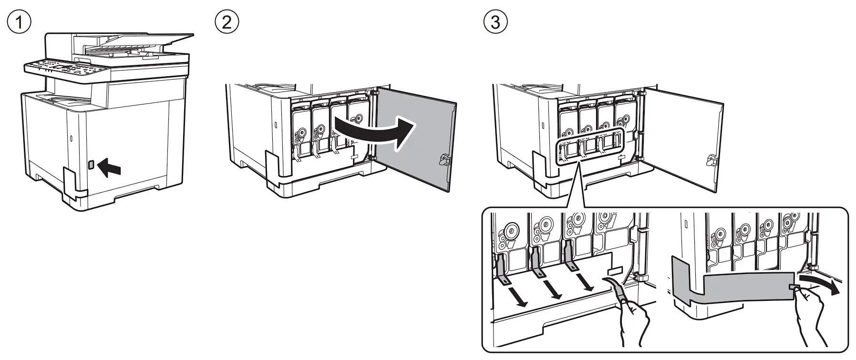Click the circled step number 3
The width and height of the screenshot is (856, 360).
click(495, 22)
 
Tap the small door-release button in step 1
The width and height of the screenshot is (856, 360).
click(91, 164)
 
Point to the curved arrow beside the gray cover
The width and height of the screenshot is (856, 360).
click(819, 285)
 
